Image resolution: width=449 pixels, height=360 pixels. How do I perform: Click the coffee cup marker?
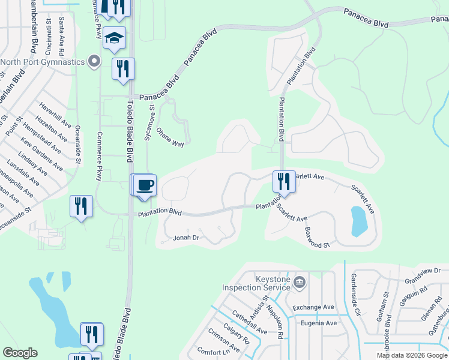tap(145, 184)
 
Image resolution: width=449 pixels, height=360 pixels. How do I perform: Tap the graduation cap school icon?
tap(114, 39)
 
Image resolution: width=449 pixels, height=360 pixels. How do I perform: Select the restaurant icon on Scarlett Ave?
tap(284, 181)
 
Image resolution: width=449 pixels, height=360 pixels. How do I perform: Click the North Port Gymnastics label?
tap(42, 62)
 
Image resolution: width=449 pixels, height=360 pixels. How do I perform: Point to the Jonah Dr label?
tap(186, 238)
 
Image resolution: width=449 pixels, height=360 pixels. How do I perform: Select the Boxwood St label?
tap(318, 238)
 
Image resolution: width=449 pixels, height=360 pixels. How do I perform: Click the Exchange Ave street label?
tap(313, 308)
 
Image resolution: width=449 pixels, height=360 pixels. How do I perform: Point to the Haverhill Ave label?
tap(55, 116)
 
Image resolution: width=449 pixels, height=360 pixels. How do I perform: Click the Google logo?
tap(20, 353)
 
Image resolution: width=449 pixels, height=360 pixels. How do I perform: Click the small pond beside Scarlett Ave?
tap(358, 221)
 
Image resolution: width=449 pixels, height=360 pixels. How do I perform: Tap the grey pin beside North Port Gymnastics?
tap(93, 61)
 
